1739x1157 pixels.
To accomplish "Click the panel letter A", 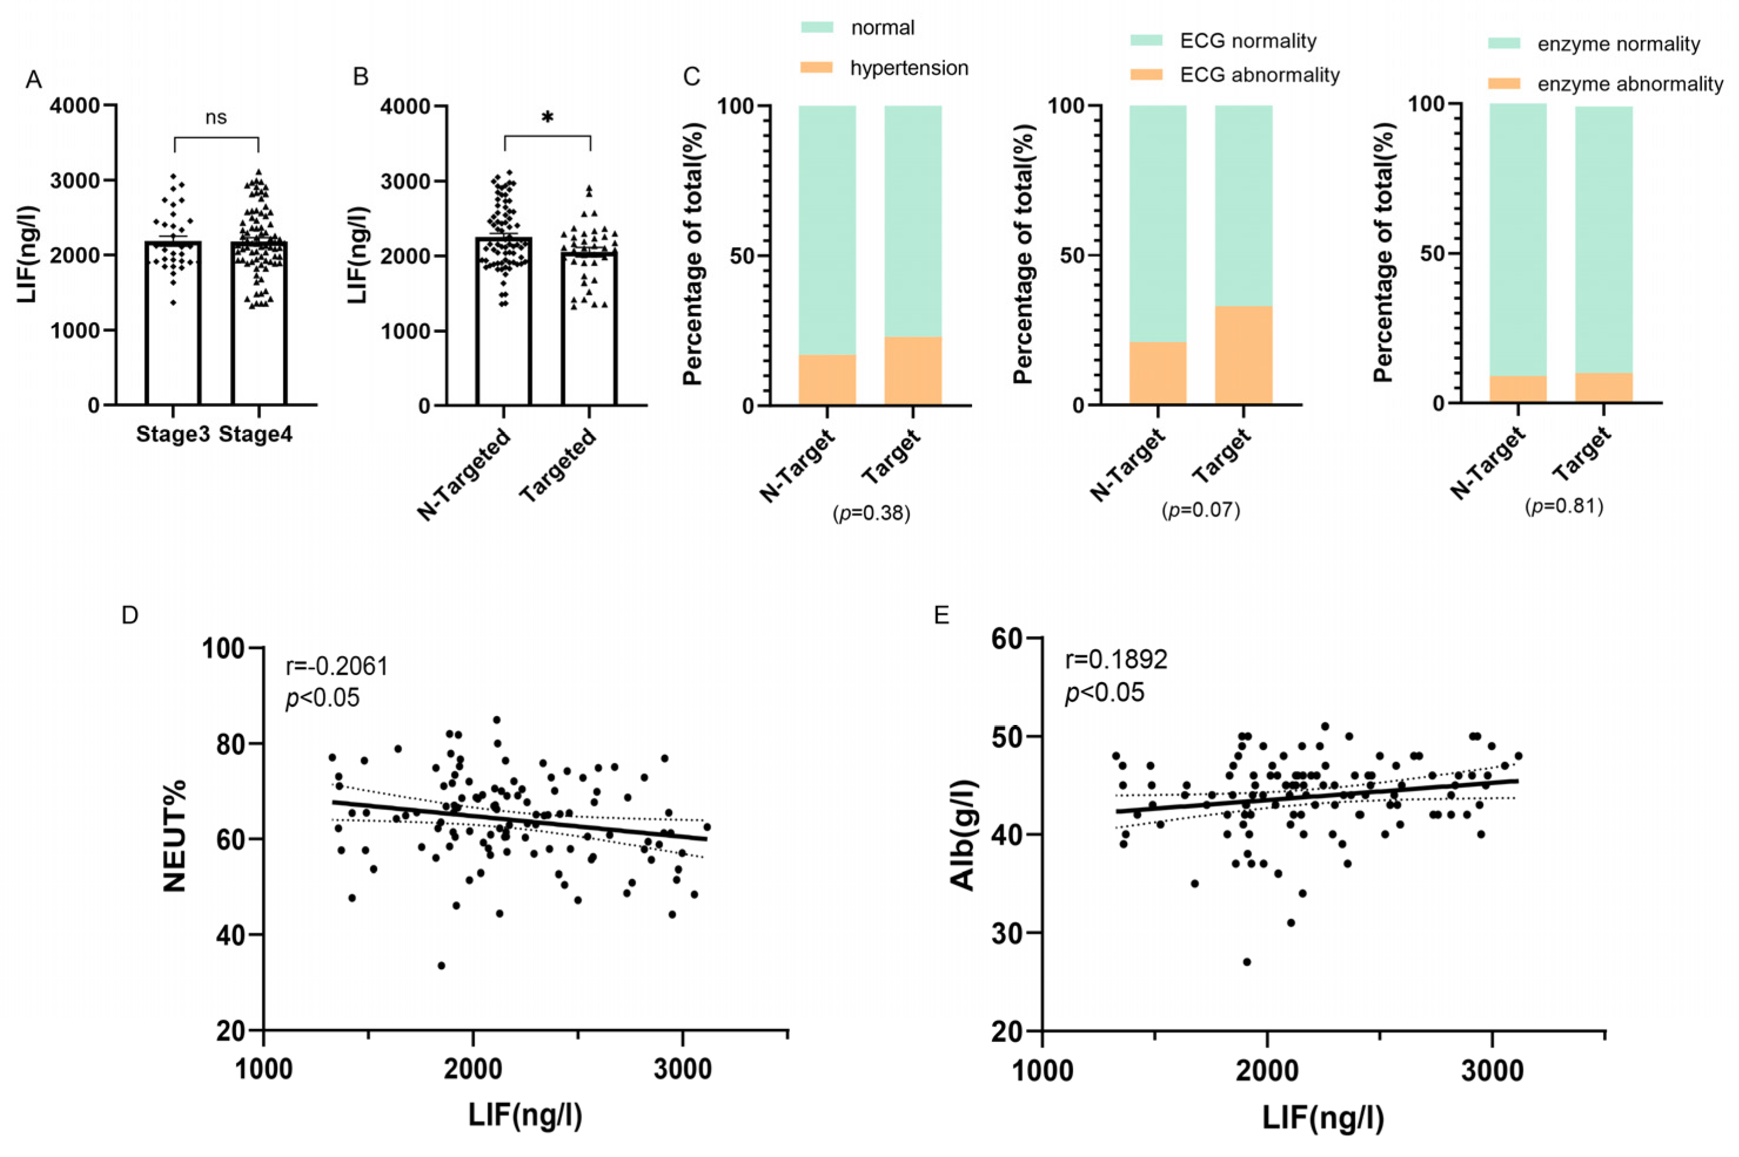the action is coord(33,79).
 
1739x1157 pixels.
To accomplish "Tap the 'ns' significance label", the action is coord(216,117).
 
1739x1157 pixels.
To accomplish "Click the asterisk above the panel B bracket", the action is coord(547,118).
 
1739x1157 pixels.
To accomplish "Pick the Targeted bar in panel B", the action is coord(589,328).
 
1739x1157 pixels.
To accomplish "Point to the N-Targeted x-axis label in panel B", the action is coord(463,474).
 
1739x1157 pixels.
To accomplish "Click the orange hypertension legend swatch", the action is coord(816,67).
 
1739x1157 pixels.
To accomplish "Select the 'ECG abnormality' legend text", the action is coord(1259,75).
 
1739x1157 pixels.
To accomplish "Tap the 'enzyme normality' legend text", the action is coord(1619,44).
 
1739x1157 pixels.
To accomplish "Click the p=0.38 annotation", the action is coord(871,513).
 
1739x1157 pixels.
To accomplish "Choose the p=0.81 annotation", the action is coord(1564,506).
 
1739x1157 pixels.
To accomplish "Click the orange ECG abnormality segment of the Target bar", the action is coord(1244,355).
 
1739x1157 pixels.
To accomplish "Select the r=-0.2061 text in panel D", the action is coord(337,666).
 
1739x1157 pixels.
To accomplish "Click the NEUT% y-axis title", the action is coord(175,836).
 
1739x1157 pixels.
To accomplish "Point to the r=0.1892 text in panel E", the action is coord(1116,660).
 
